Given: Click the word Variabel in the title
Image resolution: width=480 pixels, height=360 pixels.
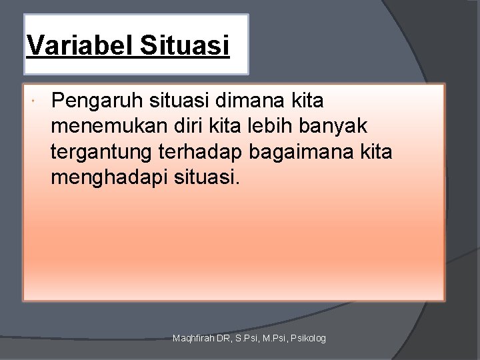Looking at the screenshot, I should tap(74, 47).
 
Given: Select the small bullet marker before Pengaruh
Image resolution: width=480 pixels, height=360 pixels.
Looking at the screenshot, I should tap(33, 101).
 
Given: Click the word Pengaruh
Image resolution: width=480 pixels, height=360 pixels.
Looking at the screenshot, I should tap(93, 101).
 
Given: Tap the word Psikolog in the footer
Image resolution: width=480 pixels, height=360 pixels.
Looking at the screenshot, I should tap(307, 339).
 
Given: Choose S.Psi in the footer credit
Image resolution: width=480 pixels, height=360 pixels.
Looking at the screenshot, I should tap(242, 339).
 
